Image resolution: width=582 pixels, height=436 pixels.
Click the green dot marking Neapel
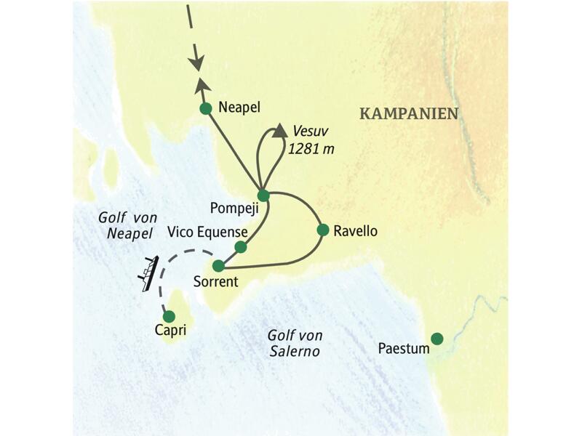click(x=205, y=109)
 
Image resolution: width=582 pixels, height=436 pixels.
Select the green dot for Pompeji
click(x=263, y=195)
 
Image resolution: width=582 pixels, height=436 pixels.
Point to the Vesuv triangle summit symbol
click(x=279, y=132)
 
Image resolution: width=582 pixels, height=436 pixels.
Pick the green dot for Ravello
click(x=323, y=230)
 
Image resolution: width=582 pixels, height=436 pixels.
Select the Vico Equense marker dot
click(x=241, y=247)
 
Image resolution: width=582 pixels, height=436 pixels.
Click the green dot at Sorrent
click(x=218, y=266)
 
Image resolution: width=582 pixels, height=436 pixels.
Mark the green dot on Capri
click(x=169, y=316)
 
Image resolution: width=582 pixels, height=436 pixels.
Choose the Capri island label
click(x=171, y=331)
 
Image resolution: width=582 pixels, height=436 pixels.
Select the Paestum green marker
click(x=436, y=338)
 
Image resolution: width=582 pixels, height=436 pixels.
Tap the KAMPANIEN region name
click(x=409, y=113)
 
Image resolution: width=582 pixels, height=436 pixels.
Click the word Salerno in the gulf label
click(x=295, y=351)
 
